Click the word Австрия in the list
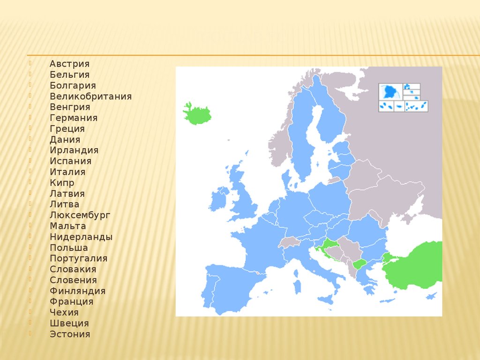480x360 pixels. pos(69,64)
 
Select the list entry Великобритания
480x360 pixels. pos(90,96)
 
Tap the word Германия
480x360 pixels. pos(74,118)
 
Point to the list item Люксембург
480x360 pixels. pos(80,216)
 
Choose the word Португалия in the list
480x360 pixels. pos(78,259)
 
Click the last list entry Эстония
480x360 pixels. pos(70,334)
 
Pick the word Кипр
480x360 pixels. pos(62,183)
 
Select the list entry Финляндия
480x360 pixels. pos(77,291)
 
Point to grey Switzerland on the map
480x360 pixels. pos(289,242)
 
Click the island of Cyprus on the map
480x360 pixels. pos(431,296)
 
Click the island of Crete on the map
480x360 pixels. pos(387,301)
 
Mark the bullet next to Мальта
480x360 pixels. pos(30,225)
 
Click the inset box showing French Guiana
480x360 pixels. pos(390,91)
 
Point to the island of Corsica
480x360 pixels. pos(296,273)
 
